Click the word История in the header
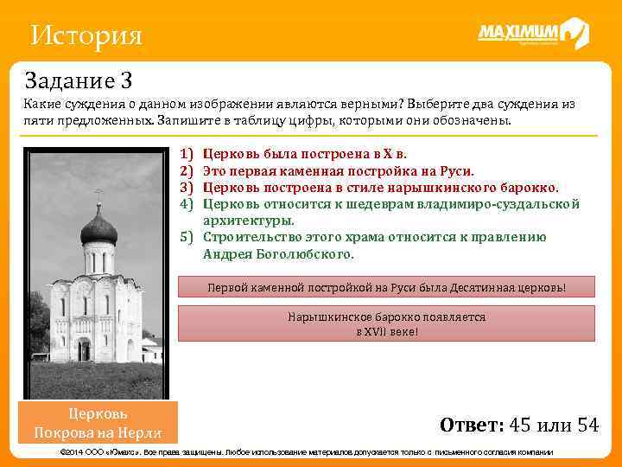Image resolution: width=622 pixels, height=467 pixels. pos(85,36)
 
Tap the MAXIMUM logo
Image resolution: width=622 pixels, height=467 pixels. pos(533,35)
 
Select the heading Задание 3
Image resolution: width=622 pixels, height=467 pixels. pos(78,81)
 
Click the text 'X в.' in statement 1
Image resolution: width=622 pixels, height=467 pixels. pos(393,154)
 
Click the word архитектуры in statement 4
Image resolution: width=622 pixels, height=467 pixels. pos(248,221)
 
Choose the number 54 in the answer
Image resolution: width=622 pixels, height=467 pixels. pos(587,425)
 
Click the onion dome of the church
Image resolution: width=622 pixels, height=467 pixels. pos(98,229)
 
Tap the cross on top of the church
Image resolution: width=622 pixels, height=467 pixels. pos(98,195)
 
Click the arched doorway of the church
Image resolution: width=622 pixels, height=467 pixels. pos(84,349)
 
